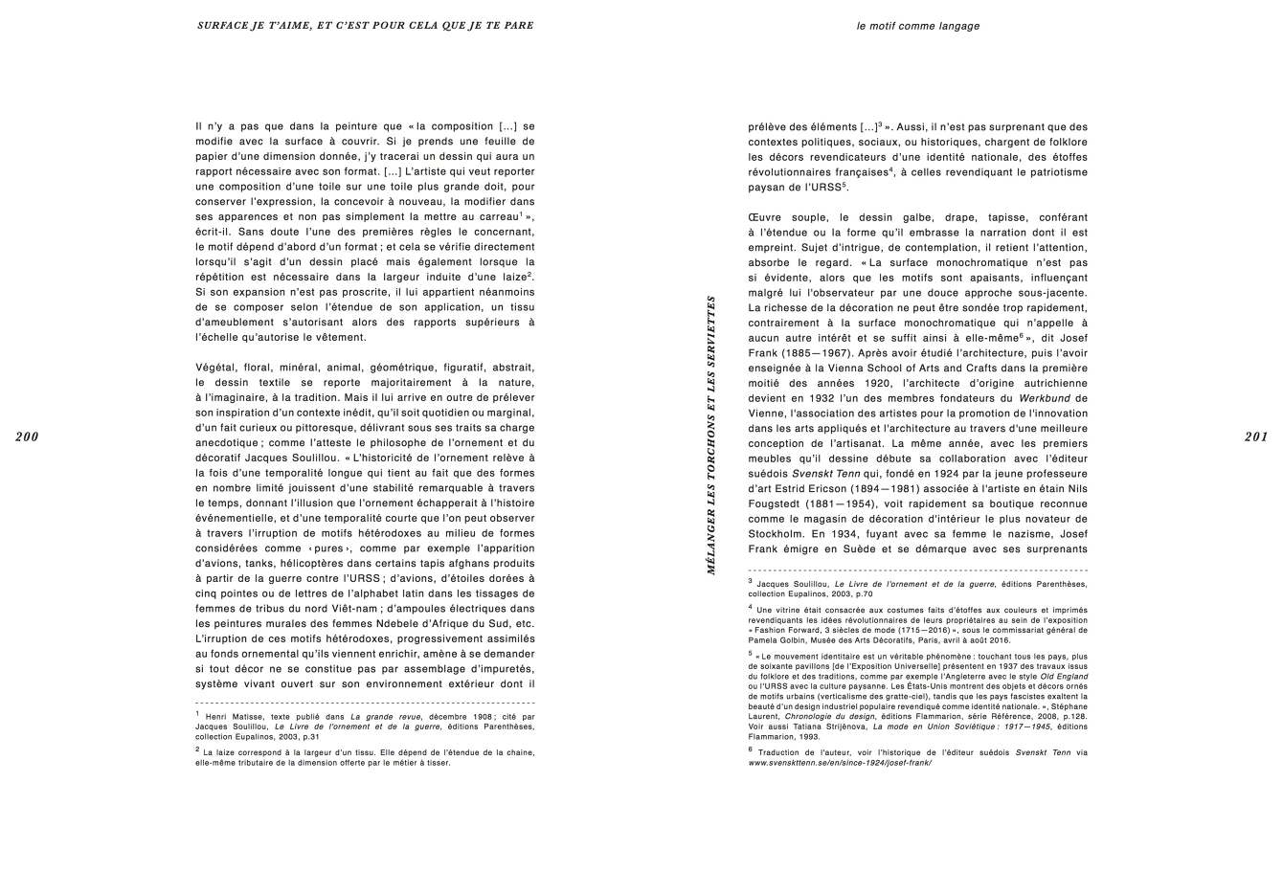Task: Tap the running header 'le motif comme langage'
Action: [917, 27]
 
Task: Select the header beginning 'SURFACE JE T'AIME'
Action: [365, 25]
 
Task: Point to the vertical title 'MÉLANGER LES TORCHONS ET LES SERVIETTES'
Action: [710, 435]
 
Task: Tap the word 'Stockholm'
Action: [777, 534]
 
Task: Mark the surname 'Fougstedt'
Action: [777, 503]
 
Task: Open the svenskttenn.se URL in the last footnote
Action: [840, 763]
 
